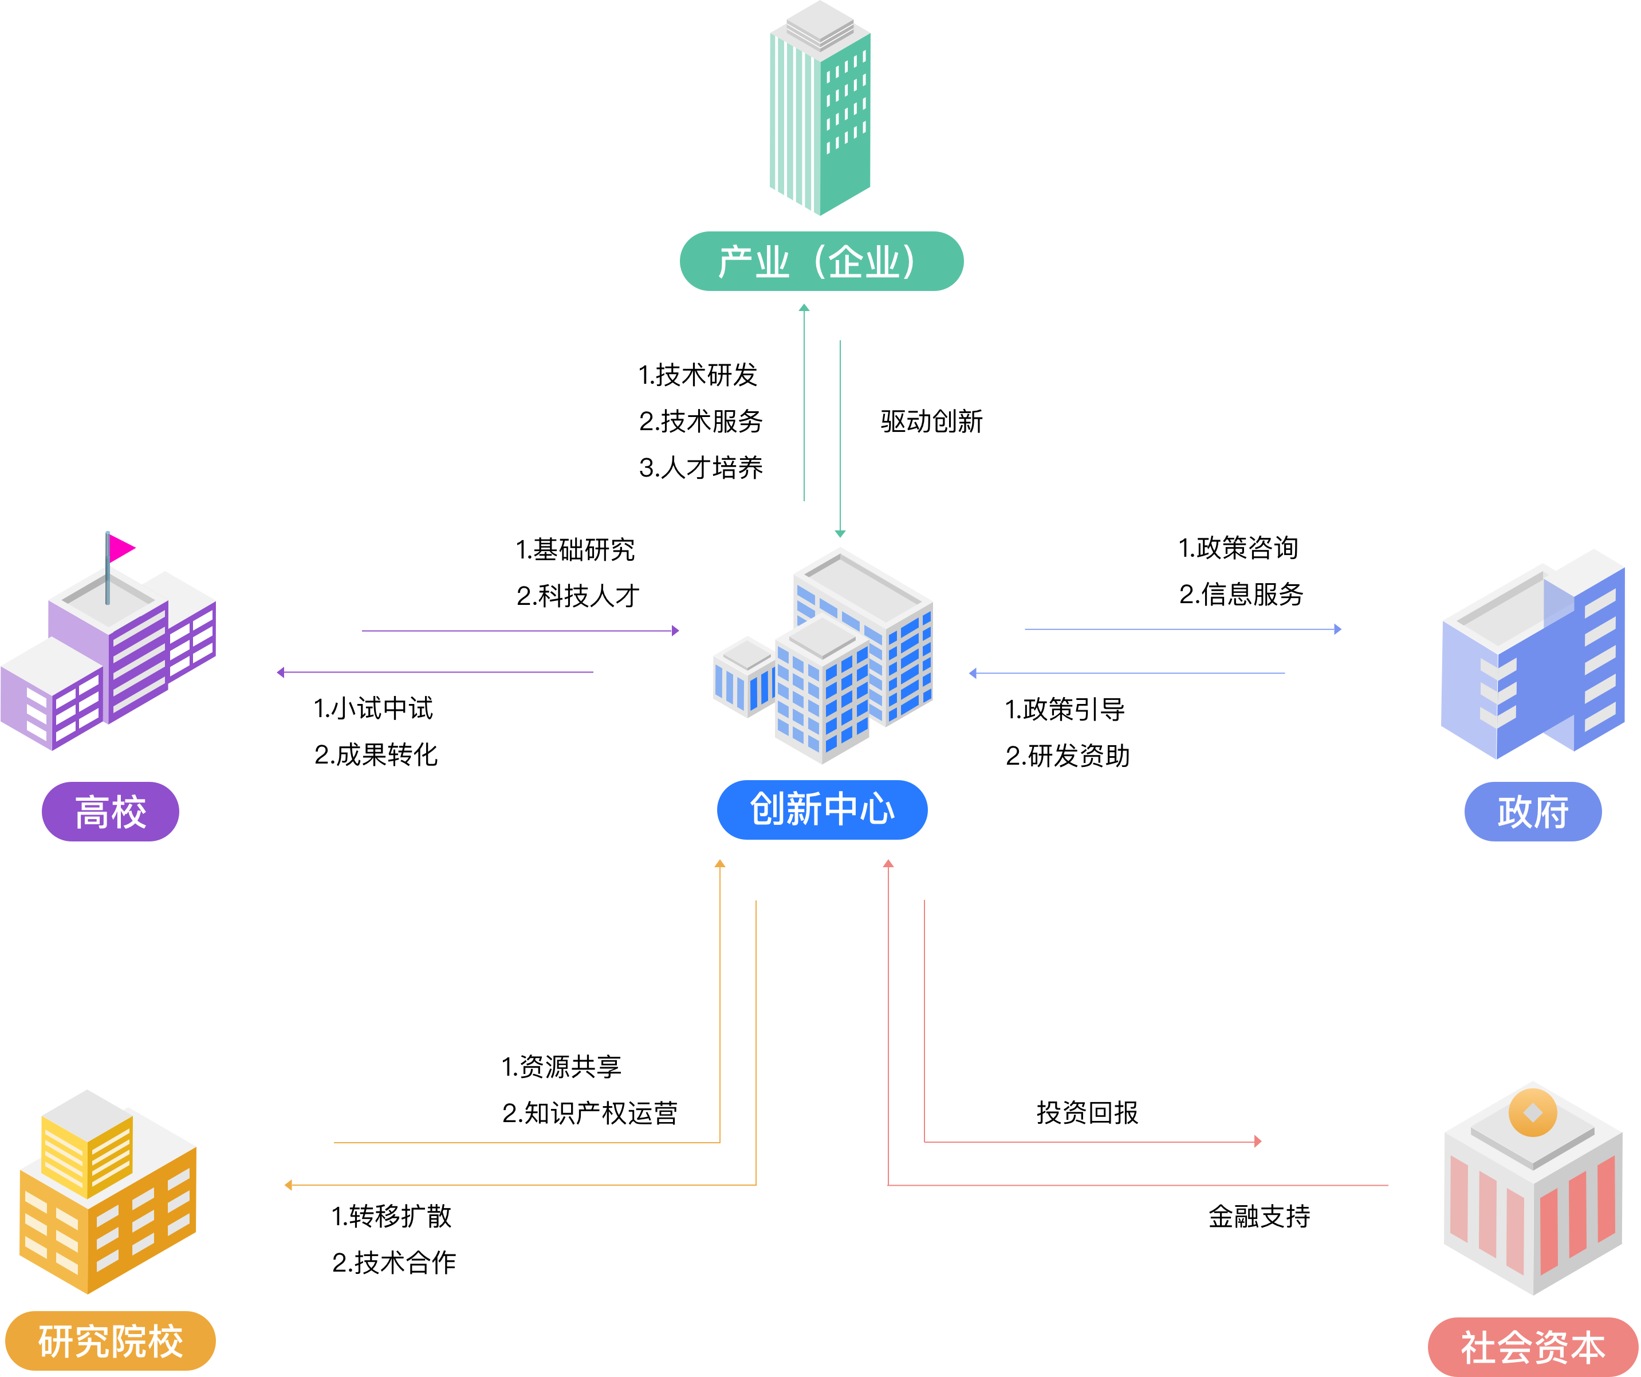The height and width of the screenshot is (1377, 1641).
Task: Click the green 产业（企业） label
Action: (821, 261)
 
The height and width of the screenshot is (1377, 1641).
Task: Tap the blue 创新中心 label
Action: (822, 809)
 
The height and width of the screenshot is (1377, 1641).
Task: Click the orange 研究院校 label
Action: (110, 1341)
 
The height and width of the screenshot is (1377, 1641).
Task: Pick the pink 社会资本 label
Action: (1532, 1347)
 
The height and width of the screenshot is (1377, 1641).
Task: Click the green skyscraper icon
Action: (820, 109)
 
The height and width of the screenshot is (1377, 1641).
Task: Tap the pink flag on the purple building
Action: (121, 548)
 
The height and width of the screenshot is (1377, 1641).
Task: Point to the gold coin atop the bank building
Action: (1532, 1112)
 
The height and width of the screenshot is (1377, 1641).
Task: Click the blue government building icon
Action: (1532, 656)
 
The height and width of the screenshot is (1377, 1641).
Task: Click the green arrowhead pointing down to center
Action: (840, 534)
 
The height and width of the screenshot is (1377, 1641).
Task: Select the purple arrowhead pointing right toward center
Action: (675, 631)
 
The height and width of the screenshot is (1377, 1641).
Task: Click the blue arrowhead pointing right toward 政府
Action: (1338, 629)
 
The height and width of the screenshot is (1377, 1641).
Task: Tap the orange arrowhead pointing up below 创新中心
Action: (720, 864)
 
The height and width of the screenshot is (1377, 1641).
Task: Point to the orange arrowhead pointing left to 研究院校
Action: (288, 1185)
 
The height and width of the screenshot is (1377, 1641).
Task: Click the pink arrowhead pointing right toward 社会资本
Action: (1257, 1142)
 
